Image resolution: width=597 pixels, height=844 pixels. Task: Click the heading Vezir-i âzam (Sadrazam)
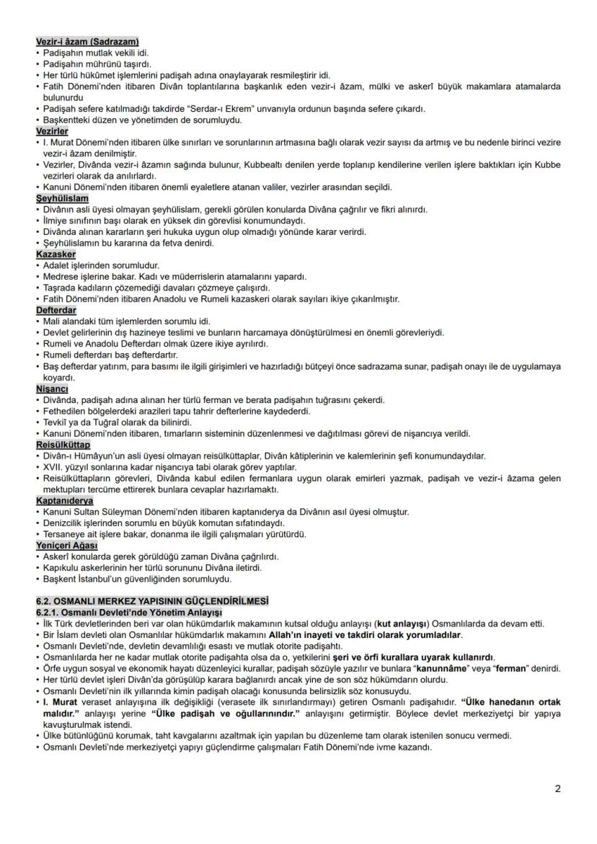[87, 41]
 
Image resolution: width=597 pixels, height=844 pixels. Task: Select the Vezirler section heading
[52, 131]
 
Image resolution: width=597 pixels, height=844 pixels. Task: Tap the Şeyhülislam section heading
[62, 197]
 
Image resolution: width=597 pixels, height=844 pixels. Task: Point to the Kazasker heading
[56, 254]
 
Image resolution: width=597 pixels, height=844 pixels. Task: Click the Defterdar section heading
[57, 310]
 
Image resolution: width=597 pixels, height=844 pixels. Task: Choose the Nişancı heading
[52, 389]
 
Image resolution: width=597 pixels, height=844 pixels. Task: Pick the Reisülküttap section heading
[63, 445]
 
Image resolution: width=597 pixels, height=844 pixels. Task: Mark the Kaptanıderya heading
[64, 501]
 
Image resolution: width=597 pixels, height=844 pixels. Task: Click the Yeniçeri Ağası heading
[67, 545]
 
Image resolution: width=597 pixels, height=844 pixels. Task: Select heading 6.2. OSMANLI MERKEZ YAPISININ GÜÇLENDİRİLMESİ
[152, 600]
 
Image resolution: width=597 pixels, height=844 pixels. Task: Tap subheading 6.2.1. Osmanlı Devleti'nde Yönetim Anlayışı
[119, 612]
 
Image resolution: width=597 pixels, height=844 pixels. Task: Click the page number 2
[557, 789]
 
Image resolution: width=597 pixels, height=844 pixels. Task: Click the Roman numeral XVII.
[55, 467]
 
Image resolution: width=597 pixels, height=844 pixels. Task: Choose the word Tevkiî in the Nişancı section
[56, 422]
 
